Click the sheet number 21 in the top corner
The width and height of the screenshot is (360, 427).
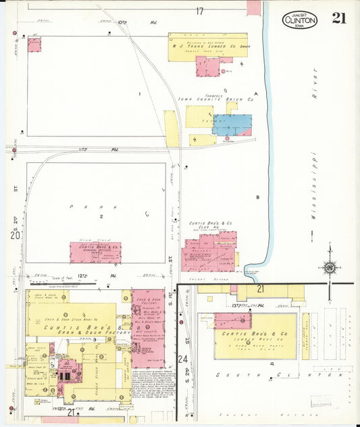[338, 18]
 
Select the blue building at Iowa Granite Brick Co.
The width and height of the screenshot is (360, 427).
[232, 124]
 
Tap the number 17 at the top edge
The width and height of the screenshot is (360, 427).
[199, 11]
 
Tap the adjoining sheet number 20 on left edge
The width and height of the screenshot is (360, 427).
[14, 235]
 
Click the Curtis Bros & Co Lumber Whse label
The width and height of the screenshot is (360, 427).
[255, 334]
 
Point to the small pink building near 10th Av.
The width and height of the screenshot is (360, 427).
[34, 45]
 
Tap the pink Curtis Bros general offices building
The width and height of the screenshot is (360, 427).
[95, 252]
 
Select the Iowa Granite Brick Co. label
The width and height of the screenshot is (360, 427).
[215, 99]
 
